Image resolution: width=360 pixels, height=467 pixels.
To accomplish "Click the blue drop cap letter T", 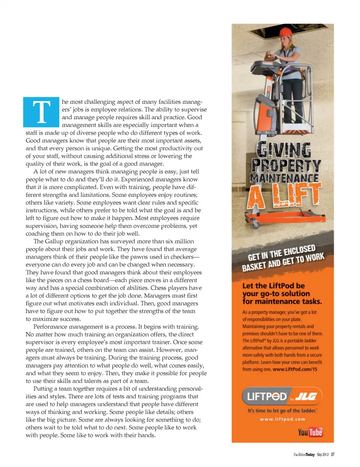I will tap(41, 112).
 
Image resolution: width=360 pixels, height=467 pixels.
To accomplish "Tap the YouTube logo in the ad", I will tap(310, 432).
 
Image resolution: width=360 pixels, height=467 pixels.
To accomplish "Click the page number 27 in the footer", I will tap(333, 455).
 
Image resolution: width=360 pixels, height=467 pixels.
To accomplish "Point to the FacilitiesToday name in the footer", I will tap(304, 455).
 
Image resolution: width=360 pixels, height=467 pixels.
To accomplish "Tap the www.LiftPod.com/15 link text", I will tap(295, 369).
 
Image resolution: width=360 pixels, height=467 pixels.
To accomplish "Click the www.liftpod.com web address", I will tap(282, 419).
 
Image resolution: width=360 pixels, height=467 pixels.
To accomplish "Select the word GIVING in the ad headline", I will tap(284, 150).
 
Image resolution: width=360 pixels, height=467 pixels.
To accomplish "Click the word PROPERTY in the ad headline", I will tap(286, 165).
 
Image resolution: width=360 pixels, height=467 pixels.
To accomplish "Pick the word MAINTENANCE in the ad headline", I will tap(284, 178).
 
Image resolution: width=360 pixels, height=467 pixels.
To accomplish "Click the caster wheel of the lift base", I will tap(256, 225).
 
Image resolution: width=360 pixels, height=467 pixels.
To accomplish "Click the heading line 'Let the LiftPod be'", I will tap(273, 285).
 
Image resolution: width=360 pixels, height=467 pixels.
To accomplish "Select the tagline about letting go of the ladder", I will tap(282, 411).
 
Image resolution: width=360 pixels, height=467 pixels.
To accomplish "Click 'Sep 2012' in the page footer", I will tap(322, 455).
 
